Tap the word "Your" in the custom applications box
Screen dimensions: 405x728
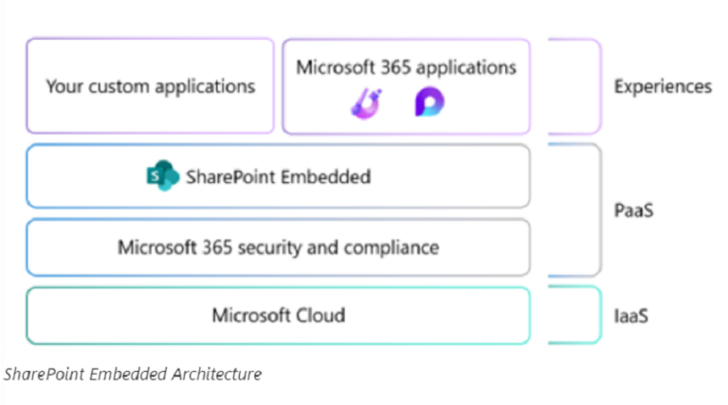(x=64, y=86)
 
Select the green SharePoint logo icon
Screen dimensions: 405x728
(x=162, y=176)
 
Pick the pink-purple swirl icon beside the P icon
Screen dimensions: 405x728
(x=366, y=103)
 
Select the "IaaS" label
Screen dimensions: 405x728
(x=631, y=315)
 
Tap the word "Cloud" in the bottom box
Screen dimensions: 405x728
(x=319, y=315)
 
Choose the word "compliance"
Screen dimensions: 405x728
(x=391, y=248)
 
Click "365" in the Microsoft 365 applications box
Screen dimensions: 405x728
(x=391, y=67)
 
